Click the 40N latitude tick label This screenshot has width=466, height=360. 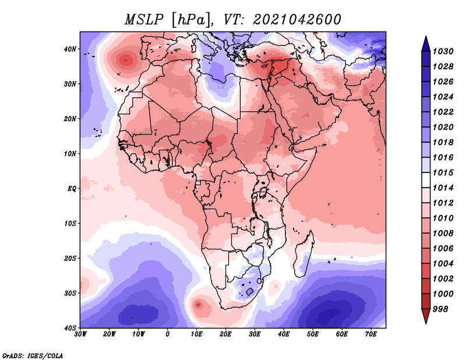(70, 49)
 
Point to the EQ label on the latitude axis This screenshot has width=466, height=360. (72, 189)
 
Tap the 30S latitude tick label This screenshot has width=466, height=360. (70, 294)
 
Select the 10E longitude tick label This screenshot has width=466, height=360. (196, 334)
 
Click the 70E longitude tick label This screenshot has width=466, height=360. (370, 334)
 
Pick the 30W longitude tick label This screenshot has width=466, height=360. (80, 334)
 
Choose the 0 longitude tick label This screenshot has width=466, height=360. (168, 334)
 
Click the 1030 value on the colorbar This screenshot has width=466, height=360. (443, 51)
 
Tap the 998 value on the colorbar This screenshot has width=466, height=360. (440, 309)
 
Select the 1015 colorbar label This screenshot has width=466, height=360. (443, 172)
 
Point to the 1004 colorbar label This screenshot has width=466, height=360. (443, 264)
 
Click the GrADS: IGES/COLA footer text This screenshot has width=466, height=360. (33, 355)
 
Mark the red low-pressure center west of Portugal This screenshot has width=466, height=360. (125, 61)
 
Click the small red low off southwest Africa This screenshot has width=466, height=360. (198, 305)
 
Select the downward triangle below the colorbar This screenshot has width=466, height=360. (426, 316)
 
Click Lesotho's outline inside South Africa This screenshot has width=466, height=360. (250, 291)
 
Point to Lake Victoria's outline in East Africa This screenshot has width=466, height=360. (263, 192)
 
